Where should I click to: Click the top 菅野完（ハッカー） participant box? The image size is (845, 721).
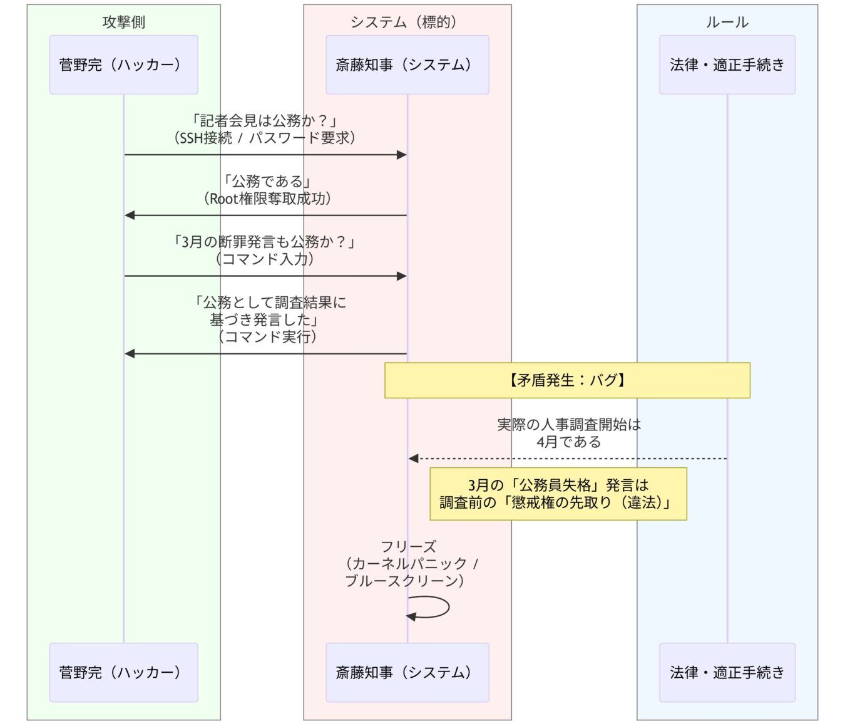(x=123, y=65)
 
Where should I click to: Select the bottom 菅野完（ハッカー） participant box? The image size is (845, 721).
(x=123, y=672)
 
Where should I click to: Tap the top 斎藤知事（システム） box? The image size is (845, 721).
(x=407, y=65)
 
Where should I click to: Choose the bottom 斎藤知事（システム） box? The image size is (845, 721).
(x=407, y=672)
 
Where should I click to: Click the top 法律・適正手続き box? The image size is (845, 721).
(x=727, y=65)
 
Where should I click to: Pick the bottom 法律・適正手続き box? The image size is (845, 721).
(x=727, y=672)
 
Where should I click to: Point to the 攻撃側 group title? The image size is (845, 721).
(x=123, y=22)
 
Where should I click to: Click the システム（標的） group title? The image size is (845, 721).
(x=407, y=22)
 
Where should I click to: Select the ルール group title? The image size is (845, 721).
(x=727, y=22)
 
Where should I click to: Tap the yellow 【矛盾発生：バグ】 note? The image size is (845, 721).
(x=567, y=380)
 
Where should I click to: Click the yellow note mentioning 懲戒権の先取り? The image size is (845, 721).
(x=558, y=494)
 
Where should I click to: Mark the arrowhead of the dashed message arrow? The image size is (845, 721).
(x=413, y=459)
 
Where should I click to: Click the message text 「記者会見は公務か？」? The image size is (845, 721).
(x=265, y=120)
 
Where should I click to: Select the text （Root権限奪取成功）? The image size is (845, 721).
(x=267, y=199)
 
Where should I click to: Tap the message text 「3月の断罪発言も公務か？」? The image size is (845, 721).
(x=265, y=242)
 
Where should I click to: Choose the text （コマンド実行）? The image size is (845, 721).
(x=267, y=337)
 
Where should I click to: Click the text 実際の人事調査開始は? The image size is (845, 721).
(x=568, y=425)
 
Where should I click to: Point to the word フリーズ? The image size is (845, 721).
(x=408, y=546)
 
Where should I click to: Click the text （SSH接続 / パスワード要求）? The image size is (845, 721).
(x=265, y=138)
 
